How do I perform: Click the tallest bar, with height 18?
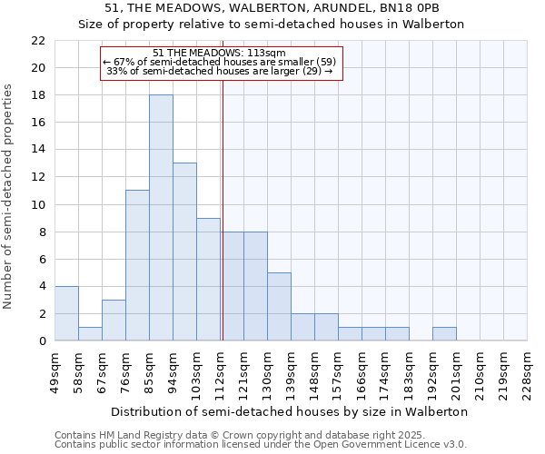click(x=161, y=218)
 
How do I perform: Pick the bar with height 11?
click(x=137, y=265)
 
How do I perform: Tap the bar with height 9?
click(x=208, y=279)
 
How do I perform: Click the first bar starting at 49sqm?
click(x=66, y=313)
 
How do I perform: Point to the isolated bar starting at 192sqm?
click(x=444, y=333)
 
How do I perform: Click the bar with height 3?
click(x=114, y=320)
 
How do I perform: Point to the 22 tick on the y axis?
click(x=37, y=41)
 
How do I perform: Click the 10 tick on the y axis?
click(x=37, y=204)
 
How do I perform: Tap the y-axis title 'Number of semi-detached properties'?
click(x=9, y=196)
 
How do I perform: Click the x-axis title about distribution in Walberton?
click(x=291, y=411)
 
